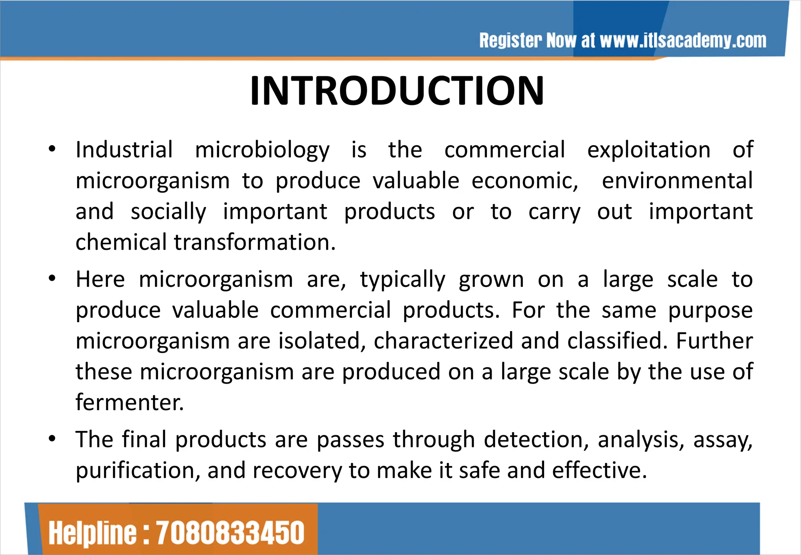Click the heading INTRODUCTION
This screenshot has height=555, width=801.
point(397,91)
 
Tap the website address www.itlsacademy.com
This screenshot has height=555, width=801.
point(683,41)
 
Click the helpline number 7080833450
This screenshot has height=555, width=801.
point(230,533)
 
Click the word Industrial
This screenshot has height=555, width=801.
point(124,150)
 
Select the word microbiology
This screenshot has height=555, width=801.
point(262,150)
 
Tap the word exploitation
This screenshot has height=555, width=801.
point(648,150)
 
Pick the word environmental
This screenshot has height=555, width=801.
point(677,181)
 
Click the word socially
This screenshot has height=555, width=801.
point(168,212)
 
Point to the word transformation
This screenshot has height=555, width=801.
point(255,242)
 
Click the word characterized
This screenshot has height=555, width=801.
point(443,341)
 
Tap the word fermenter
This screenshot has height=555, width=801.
point(129,402)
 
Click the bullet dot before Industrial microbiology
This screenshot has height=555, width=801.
point(52,149)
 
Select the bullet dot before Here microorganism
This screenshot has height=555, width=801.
point(52,279)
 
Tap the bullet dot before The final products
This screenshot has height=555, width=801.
point(52,439)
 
